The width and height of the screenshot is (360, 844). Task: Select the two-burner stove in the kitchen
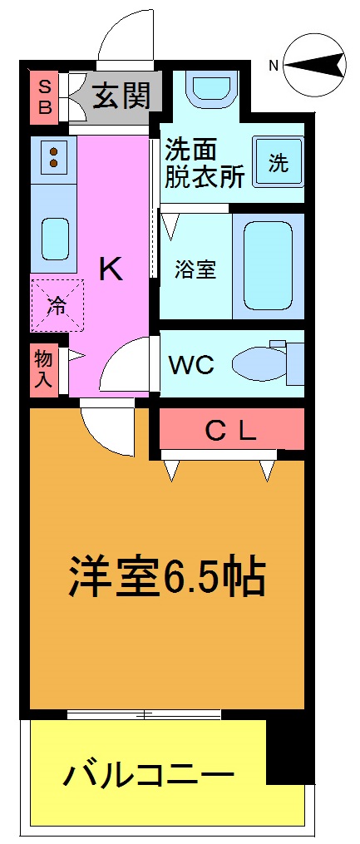[53, 158]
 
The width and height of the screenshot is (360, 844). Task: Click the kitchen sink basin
[55, 238]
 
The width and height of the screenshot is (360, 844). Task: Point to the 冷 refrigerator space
[55, 305]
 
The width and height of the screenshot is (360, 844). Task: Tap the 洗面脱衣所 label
[204, 164]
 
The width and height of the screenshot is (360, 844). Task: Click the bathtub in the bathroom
[269, 265]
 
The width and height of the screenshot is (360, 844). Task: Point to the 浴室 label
[195, 269]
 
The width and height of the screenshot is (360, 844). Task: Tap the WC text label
[192, 364]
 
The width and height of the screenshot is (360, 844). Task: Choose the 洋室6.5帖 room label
[166, 576]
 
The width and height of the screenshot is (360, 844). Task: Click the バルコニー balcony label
[149, 777]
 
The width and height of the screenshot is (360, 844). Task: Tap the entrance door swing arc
[125, 37]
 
